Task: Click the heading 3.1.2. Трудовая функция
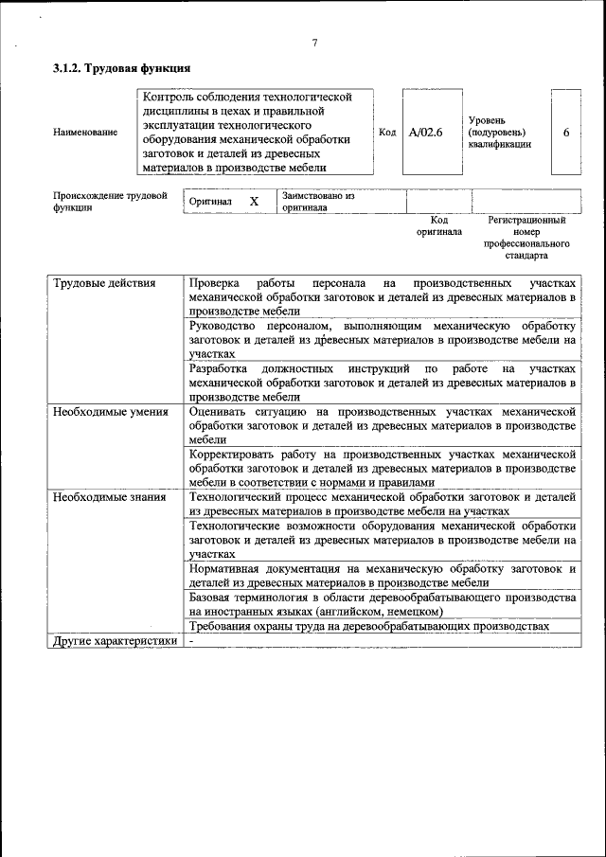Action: click(x=122, y=68)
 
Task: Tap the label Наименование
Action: click(x=85, y=133)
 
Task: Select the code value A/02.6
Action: click(x=425, y=133)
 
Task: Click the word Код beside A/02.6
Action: click(x=387, y=133)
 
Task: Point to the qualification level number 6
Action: click(x=565, y=133)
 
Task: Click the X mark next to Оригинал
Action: click(x=254, y=202)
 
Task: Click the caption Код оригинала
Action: click(x=438, y=225)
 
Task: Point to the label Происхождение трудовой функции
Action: click(x=103, y=201)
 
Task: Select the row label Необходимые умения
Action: click(x=111, y=412)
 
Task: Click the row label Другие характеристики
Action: click(x=115, y=641)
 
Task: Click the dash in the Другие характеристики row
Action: click(x=191, y=641)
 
